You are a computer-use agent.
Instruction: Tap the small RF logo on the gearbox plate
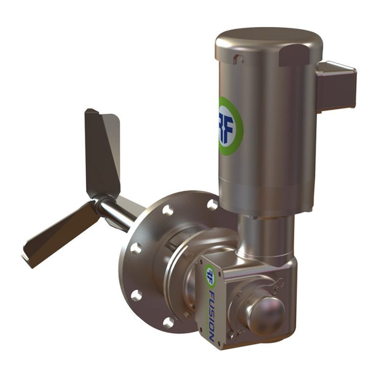point(210,277)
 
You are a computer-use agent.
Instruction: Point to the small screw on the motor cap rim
point(239,60)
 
